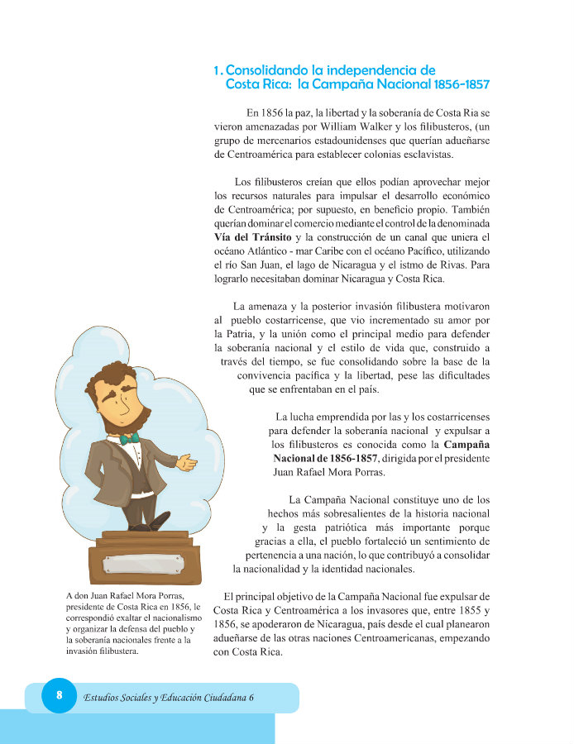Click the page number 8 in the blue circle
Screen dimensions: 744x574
[59, 695]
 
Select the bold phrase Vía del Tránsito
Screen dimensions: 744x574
[251, 237]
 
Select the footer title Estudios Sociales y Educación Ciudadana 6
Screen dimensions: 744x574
[169, 697]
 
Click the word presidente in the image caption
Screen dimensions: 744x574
[92, 606]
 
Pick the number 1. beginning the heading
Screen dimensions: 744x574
[218, 71]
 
